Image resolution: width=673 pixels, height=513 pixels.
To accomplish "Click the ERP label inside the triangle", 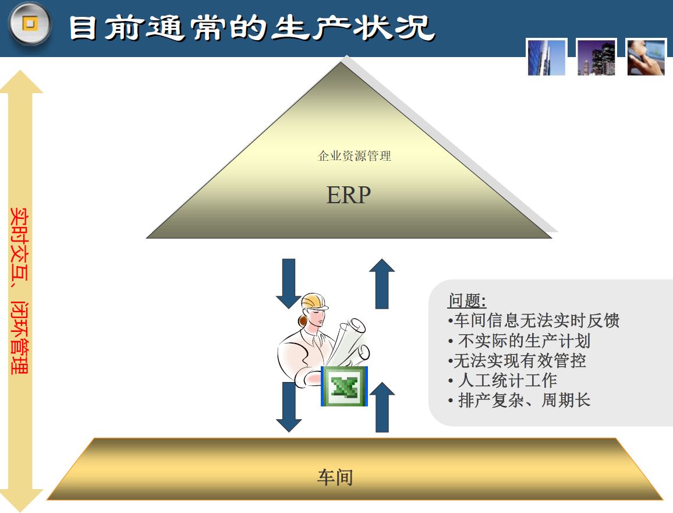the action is (349, 195).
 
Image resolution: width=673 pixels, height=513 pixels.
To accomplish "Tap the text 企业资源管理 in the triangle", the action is (355, 156).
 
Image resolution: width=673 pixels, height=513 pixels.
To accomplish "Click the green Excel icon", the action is (344, 387).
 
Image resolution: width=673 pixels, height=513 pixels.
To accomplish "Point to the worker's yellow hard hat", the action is (314, 302).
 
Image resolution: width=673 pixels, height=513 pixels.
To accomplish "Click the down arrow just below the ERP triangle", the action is (289, 284).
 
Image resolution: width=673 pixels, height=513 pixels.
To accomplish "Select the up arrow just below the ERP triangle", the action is (382, 284).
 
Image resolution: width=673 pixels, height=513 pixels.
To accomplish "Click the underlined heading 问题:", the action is (467, 300).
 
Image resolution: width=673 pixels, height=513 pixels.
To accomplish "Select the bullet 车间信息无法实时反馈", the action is (533, 321).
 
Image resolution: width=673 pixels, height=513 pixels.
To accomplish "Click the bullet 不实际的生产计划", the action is (519, 341).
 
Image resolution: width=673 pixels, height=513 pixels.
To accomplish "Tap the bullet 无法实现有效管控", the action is (517, 360).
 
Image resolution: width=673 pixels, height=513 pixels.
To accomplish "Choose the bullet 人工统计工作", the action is (502, 380).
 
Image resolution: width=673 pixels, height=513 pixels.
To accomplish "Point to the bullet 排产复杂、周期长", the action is (519, 401).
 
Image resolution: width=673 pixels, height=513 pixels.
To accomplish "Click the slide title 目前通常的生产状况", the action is (252, 29).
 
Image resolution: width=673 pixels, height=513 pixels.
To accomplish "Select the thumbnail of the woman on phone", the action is (646, 58).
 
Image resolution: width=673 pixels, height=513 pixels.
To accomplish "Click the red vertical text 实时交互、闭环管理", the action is (19, 291).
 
